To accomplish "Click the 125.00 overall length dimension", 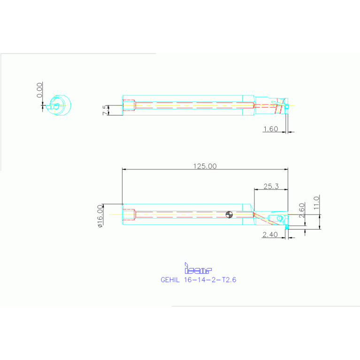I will [205, 166].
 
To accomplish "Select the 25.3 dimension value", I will [271, 186].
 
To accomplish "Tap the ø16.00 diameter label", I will [100, 216].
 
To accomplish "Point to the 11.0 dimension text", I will [316, 202].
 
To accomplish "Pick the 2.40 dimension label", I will [271, 235].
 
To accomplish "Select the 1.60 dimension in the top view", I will [271, 129].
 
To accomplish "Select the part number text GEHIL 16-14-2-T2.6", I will [198, 280].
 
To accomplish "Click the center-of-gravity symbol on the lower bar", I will [229, 215].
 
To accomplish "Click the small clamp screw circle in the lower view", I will [280, 218].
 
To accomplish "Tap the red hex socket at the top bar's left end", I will [129, 105].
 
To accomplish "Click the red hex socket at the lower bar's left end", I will [129, 215].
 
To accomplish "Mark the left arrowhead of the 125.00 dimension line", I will [123, 169].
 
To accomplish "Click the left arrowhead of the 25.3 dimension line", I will [255, 190].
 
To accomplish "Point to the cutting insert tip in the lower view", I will [286, 227].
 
